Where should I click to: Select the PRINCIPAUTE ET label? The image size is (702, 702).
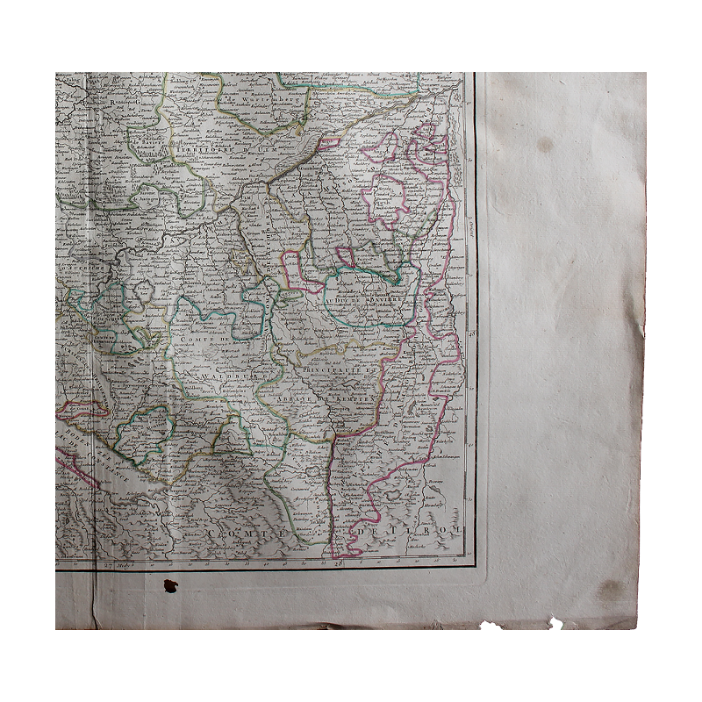334,371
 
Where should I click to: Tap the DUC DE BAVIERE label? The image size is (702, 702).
368,299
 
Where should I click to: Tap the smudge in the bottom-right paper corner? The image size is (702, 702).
610,591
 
